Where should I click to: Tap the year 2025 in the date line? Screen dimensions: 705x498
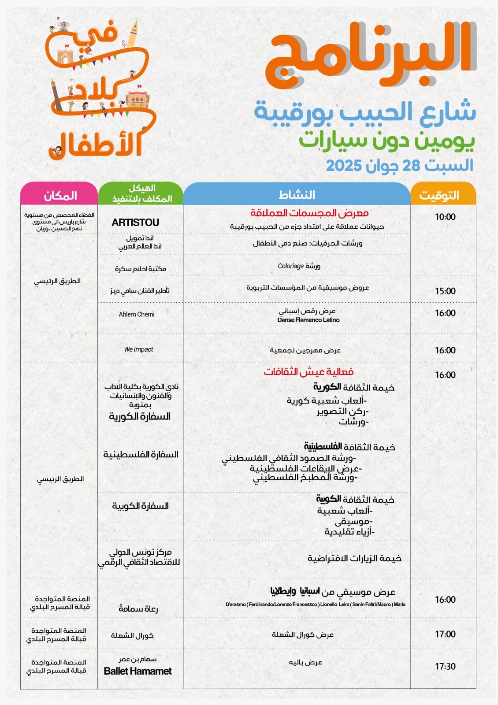pos(344,166)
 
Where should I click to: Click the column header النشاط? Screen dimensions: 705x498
pos(297,195)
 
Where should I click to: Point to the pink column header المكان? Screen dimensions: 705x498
pos(60,195)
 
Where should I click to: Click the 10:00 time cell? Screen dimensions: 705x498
pos(445,217)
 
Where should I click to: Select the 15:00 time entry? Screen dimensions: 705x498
pos(445,291)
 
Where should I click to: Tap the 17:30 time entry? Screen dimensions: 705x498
pos(445,666)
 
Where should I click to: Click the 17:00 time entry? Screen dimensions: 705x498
pos(445,634)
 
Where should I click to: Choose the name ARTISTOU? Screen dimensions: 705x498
pos(135,223)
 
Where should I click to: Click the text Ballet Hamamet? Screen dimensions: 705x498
pos(138,671)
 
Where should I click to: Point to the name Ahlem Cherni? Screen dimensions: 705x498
pos(137,314)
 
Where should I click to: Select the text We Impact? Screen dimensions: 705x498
pos(138,349)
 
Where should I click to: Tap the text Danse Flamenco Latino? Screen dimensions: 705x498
pos(308,320)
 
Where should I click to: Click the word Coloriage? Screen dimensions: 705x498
pos(290,266)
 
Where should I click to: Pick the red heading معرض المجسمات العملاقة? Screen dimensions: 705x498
pos(309,213)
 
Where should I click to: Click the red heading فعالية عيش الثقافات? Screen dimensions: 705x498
pos(308,371)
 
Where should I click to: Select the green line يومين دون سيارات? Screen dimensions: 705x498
pos(387,141)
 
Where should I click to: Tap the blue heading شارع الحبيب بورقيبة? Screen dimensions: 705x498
pos(365,112)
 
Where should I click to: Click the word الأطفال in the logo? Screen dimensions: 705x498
pos(95,146)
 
